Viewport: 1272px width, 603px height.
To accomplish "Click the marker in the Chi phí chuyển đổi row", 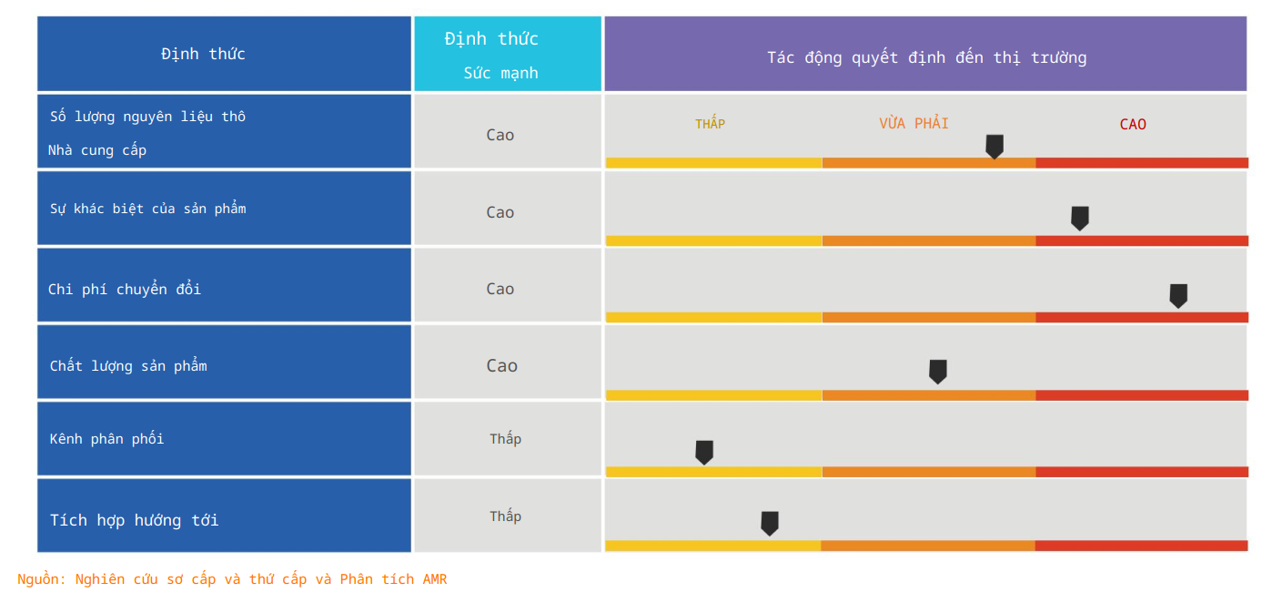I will click(1177, 295).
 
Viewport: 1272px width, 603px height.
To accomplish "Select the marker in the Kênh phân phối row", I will click(704, 452).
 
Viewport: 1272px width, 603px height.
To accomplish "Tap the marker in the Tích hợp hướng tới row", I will click(770, 523).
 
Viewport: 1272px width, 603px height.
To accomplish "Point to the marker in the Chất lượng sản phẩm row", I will click(938, 371).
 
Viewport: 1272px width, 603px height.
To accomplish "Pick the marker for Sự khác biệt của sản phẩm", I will click(1080, 218).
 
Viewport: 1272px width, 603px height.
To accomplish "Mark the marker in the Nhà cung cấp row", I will click(994, 146).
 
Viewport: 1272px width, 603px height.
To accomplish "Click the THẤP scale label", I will click(710, 124).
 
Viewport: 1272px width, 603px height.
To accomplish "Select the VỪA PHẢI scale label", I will click(914, 123).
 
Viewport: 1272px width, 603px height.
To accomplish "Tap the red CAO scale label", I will click(1133, 124).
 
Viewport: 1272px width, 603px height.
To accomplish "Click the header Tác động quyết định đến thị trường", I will click(926, 57).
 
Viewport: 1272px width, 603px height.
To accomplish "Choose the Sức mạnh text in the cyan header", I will click(500, 73).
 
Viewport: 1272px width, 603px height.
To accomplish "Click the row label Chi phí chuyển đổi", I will click(125, 289).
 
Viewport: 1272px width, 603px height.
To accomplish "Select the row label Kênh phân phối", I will click(106, 439).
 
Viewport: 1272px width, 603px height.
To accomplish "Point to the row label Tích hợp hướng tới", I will click(134, 520).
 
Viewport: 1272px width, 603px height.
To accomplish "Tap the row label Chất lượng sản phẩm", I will click(128, 366).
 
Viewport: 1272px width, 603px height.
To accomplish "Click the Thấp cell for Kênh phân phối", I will click(506, 439).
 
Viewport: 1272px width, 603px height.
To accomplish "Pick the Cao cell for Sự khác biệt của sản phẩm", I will click(500, 212).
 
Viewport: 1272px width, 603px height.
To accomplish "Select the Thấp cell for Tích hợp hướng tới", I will click(506, 516).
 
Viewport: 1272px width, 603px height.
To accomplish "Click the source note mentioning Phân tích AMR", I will click(232, 579).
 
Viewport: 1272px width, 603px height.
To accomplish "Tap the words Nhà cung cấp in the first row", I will click(97, 150).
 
